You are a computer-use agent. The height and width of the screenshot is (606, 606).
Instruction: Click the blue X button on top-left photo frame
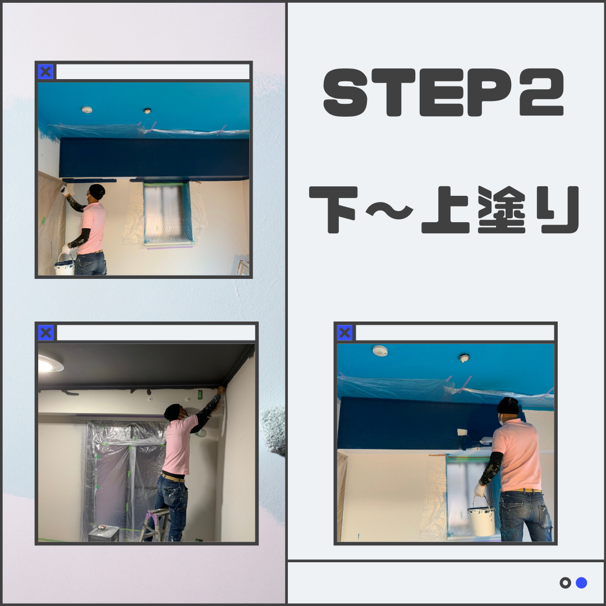46,72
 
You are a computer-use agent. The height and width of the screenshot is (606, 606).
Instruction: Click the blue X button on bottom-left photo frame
46,333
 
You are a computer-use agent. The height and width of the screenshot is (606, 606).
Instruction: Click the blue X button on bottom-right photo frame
345,333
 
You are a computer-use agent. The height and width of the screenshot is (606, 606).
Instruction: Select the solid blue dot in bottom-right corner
581,583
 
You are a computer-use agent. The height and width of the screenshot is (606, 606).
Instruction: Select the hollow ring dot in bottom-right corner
565,583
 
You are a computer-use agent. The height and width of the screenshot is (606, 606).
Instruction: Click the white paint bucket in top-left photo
65,266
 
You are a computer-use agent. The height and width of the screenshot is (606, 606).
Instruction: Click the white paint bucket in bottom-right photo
482,521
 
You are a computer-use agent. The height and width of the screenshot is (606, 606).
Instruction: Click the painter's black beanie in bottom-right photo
508,405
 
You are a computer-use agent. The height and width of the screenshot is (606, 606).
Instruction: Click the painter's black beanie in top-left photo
97,191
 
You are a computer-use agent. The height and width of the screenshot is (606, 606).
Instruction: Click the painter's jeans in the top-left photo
91,264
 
